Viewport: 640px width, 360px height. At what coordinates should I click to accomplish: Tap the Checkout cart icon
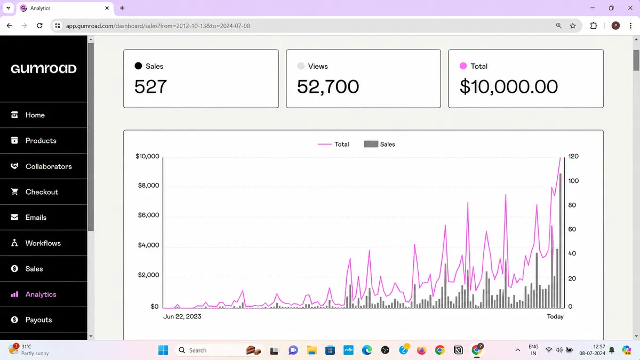coord(14,191)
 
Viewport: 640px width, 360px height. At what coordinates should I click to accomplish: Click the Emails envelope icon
coord(14,218)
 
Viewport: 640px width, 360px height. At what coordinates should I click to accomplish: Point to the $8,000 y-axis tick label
coord(148,186)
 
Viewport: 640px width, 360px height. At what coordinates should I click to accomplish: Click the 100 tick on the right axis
coord(573,181)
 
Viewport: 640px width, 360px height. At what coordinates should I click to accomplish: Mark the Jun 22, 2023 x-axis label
coord(182,317)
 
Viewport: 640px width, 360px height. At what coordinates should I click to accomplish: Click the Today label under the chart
coord(555,317)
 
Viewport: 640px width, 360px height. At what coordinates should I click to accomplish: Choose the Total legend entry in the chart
coord(333,145)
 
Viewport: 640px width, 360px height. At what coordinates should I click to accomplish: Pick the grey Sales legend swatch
coord(371,144)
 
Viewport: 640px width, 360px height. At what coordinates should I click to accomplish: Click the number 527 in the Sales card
coord(150,86)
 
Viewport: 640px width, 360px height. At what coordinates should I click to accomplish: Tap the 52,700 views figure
coord(328,86)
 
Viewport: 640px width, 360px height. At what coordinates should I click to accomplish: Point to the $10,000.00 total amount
coord(509,86)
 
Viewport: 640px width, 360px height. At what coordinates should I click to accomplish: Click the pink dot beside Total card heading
coord(463,66)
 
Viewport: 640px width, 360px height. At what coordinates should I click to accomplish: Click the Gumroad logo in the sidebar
coord(44,69)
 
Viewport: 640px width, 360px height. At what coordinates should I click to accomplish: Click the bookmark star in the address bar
coord(573,26)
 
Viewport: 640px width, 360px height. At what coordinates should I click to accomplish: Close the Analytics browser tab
coord(107,8)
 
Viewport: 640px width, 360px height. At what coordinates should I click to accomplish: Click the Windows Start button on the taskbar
coord(163,350)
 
